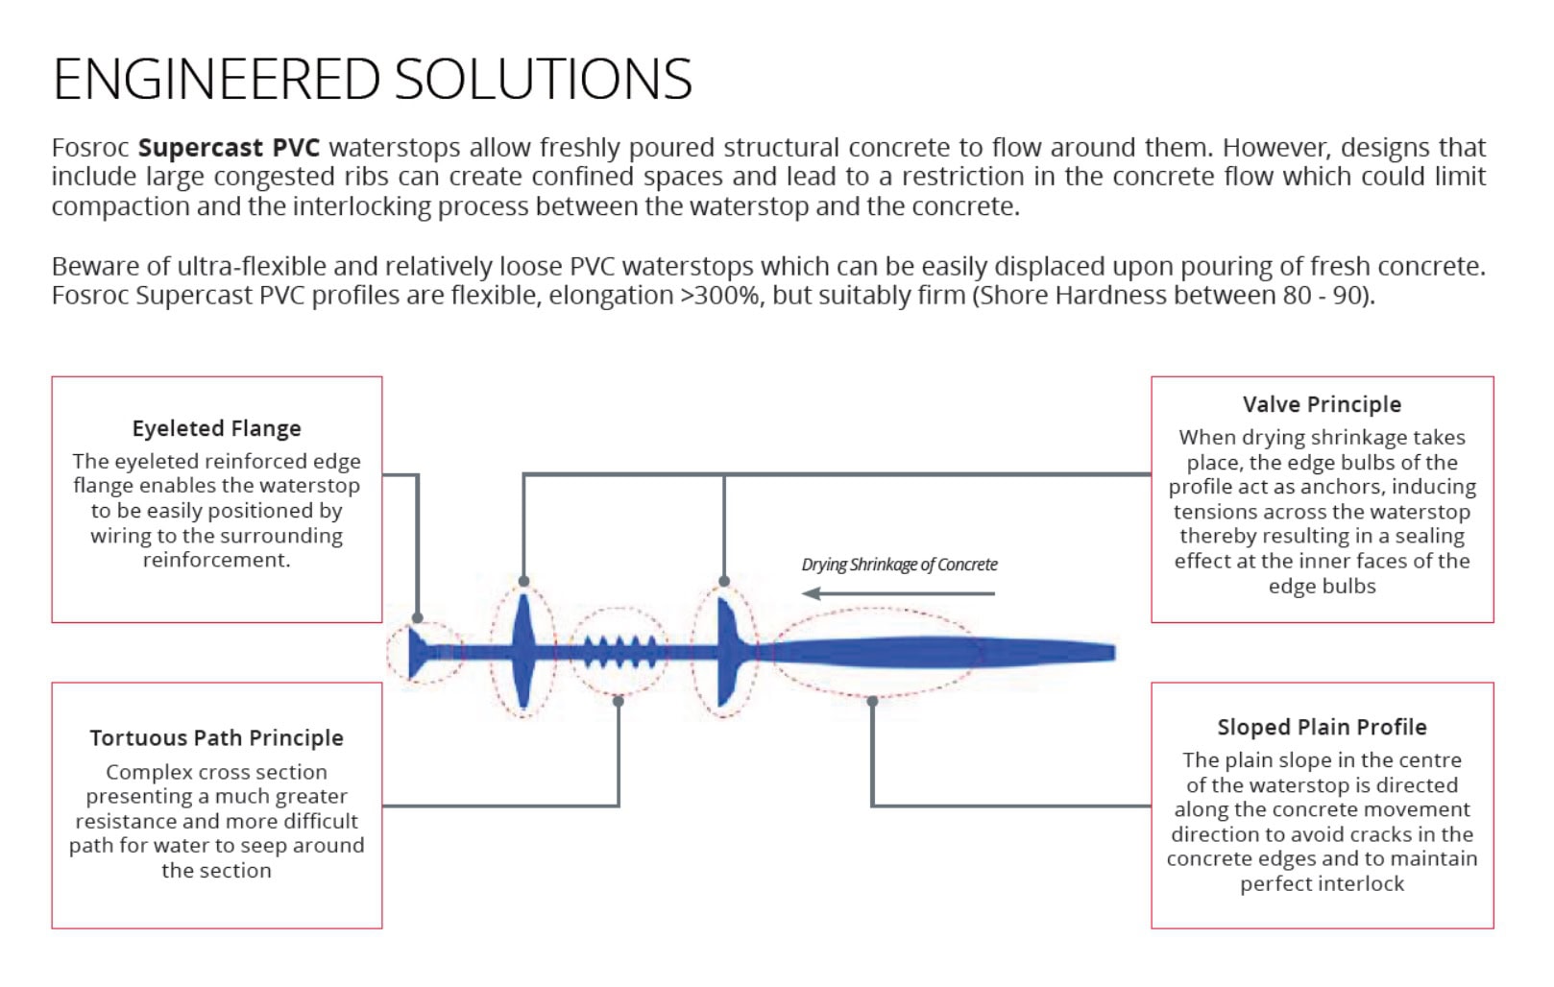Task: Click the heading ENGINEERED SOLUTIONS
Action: click(x=373, y=79)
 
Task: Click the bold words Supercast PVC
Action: click(x=229, y=148)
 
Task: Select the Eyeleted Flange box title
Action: click(x=216, y=428)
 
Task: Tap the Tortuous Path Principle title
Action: click(x=216, y=737)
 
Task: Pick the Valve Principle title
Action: click(x=1322, y=404)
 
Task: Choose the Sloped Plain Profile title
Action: click(x=1322, y=727)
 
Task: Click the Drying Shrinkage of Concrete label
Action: click(x=899, y=565)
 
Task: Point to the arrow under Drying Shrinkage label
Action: click(x=899, y=593)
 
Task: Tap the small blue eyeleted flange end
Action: click(x=421, y=652)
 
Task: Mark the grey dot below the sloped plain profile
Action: click(x=872, y=702)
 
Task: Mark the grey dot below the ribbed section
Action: click(x=619, y=702)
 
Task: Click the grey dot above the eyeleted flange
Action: click(x=418, y=618)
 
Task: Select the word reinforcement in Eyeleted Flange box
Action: click(x=216, y=560)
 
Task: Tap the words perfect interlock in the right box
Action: click(x=1322, y=883)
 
